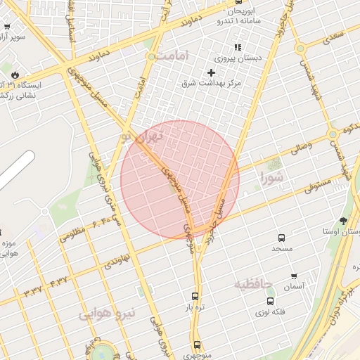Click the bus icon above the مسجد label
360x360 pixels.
[282, 238]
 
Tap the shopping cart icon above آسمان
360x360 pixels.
[293, 276]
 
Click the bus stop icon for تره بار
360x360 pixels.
[195, 296]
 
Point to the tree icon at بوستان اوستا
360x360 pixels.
[343, 221]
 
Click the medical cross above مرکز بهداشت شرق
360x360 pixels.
[211, 72]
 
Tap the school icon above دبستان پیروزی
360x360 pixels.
[237, 48]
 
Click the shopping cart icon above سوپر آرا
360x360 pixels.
[6, 27]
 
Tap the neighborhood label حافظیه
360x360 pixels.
[251, 284]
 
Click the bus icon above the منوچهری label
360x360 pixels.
[196, 345]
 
